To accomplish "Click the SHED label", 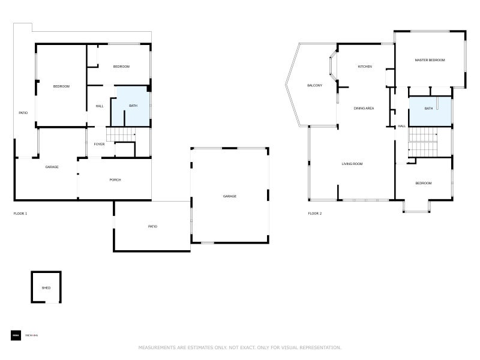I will (46, 288).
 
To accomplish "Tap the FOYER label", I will (99, 144).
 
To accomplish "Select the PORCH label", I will (115, 180).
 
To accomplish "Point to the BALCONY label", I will (314, 86).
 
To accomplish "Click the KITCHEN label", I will (365, 67).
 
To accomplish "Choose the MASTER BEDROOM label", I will (430, 60).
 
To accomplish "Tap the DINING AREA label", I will (364, 108).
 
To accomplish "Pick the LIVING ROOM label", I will (352, 164).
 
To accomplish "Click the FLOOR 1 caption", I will (20, 214).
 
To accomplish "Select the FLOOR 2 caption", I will (315, 214).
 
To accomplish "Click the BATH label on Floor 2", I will (428, 109).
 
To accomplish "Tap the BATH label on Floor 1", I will (133, 106).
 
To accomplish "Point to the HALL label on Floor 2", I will (402, 126).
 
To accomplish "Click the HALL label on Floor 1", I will (100, 106).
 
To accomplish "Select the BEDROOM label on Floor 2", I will (424, 183).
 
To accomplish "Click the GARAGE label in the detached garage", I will (230, 196).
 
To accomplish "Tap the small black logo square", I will (16, 335).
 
